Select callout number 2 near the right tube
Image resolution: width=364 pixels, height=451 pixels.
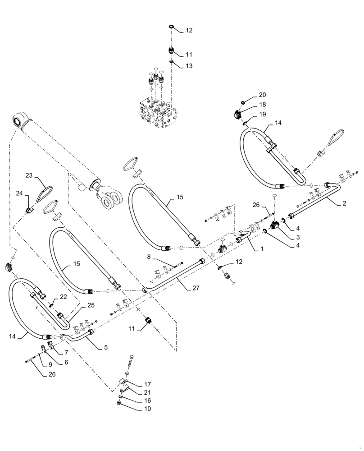344,204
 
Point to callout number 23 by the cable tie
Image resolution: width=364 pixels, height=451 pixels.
29,175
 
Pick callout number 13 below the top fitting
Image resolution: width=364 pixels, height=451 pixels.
188,65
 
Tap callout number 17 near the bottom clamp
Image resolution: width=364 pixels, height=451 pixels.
147,384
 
